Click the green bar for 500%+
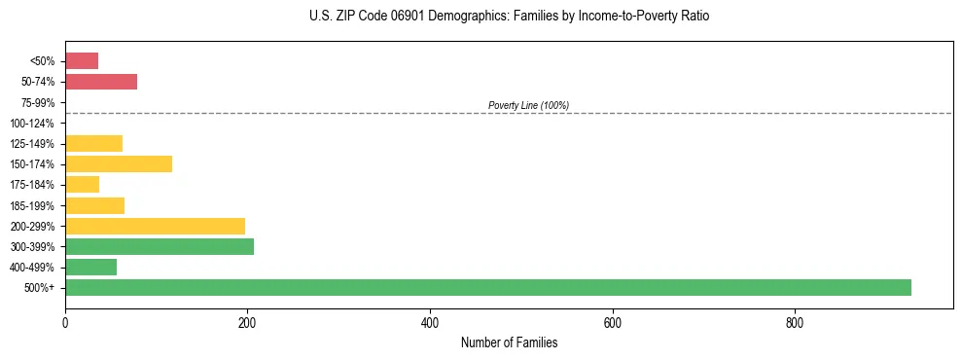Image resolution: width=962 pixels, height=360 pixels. tap(487, 287)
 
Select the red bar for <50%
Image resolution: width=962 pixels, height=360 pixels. tap(82, 61)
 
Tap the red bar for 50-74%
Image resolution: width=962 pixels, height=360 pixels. tap(101, 82)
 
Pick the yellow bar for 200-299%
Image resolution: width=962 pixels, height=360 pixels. tap(155, 226)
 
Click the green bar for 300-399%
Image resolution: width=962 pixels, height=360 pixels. tap(160, 246)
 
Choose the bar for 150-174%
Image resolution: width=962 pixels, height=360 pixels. tap(119, 163)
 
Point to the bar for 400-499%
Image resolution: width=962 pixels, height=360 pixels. tap(90, 267)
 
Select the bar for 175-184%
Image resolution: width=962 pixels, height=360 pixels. tap(82, 184)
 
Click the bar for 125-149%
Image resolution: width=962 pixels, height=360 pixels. tap(93, 144)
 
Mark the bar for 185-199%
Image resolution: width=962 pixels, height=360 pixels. tap(94, 205)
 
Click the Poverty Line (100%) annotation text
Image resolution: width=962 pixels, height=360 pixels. tap(528, 105)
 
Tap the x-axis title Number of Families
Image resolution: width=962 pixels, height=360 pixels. tap(509, 342)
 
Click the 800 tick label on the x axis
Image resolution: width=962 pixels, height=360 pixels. tap(795, 323)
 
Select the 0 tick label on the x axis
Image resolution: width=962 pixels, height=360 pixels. tap(65, 323)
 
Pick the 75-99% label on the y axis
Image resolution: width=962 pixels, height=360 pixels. tap(38, 102)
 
